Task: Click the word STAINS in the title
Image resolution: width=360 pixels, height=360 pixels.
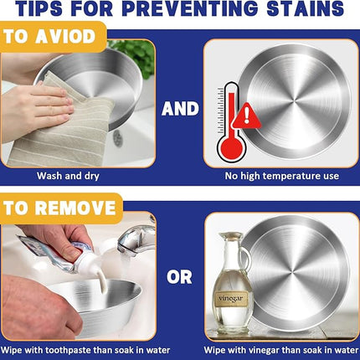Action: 305,8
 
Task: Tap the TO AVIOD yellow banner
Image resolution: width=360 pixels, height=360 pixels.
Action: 53,37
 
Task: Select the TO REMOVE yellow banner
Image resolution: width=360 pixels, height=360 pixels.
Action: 61,208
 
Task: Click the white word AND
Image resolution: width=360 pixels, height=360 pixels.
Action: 180,109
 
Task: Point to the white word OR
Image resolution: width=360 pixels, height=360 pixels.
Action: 179,277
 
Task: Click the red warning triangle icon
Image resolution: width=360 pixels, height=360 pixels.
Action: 246,116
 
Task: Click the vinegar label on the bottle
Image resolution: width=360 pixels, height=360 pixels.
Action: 231,299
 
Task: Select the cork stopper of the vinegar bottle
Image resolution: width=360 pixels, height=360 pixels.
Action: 230,234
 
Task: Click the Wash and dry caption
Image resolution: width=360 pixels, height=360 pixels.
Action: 68,176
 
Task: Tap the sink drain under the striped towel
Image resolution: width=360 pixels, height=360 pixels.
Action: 118,138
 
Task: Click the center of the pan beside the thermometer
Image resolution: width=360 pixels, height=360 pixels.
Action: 294,101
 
